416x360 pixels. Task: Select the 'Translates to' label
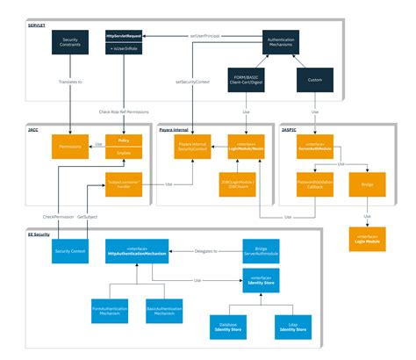click(x=69, y=82)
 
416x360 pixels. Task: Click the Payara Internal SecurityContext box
click(x=191, y=146)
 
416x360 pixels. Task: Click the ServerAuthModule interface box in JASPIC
click(x=315, y=146)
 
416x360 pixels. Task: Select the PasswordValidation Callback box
click(x=315, y=186)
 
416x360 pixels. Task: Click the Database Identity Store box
click(x=228, y=327)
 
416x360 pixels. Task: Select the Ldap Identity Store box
click(x=292, y=327)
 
